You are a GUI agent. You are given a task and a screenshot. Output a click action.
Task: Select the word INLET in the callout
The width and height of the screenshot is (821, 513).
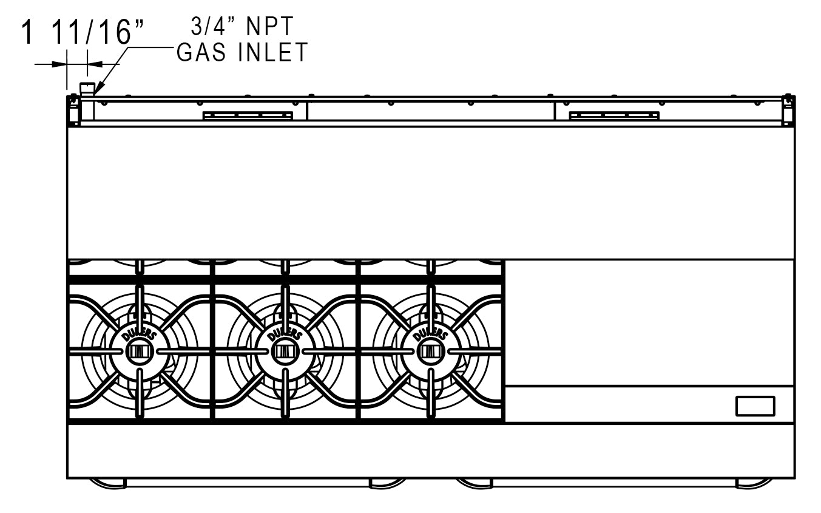point(274,53)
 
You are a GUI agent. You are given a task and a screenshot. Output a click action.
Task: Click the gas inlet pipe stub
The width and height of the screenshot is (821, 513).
point(88,89)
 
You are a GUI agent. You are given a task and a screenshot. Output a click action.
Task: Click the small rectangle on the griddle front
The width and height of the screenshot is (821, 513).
point(755,406)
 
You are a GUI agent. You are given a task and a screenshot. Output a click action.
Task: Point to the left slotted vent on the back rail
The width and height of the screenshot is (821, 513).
point(248,115)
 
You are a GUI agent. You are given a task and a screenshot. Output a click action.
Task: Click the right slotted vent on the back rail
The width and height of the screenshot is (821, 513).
point(614,115)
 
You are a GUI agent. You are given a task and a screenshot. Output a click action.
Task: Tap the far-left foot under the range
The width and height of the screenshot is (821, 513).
point(107,483)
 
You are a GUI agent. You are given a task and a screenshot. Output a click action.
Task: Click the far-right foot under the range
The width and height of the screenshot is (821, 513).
point(754,483)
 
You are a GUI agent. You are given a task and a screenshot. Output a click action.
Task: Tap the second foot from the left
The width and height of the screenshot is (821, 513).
point(388,483)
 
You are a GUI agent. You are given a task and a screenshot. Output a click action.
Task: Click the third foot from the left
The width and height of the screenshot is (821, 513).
point(475,483)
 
